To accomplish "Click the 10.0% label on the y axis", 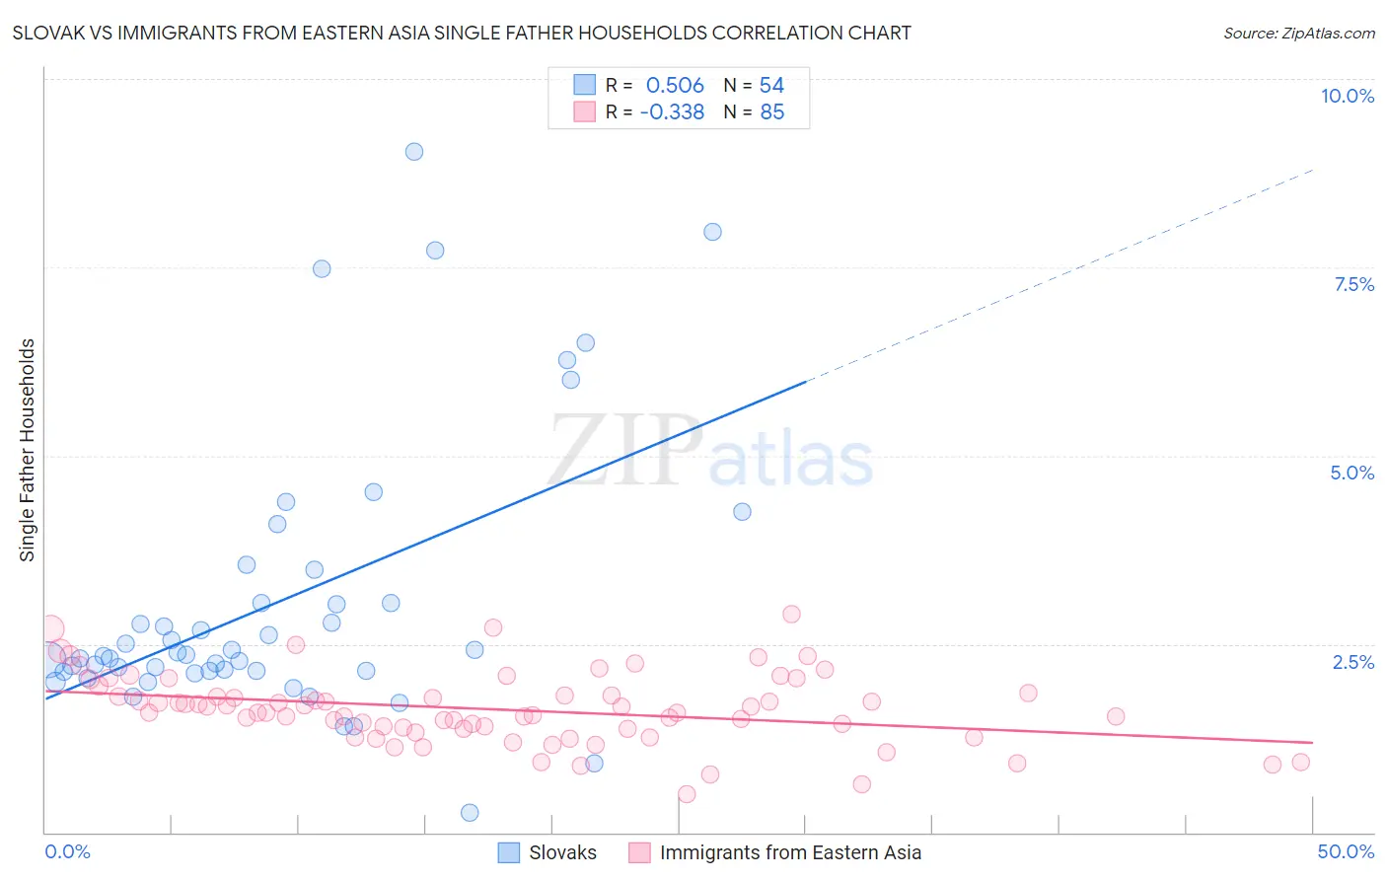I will point(1347,96).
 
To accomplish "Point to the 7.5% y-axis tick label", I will point(1353,284).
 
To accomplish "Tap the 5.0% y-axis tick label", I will point(1351,473).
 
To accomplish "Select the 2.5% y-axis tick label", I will point(1352,662).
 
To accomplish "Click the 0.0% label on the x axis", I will point(67,851).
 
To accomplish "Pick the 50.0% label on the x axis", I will point(1346,851).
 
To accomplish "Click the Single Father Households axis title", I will point(28,450).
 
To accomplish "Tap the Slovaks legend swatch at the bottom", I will point(509,852).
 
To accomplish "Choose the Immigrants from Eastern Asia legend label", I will point(790,852).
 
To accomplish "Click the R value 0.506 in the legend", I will point(675,86).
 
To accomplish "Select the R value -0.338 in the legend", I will point(672,112).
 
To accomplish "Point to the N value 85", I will point(771,112).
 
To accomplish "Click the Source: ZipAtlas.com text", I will point(1298,33).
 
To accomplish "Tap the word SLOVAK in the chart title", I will point(49,33).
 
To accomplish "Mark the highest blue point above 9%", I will point(414,152).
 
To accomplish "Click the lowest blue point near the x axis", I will point(470,813).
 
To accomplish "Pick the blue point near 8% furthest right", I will point(712,232).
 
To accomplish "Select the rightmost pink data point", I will point(1300,762).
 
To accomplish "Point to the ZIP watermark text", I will point(625,452).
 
